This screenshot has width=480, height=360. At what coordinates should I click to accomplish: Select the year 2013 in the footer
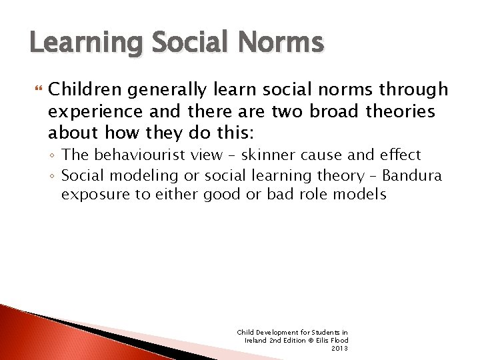point(339,348)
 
